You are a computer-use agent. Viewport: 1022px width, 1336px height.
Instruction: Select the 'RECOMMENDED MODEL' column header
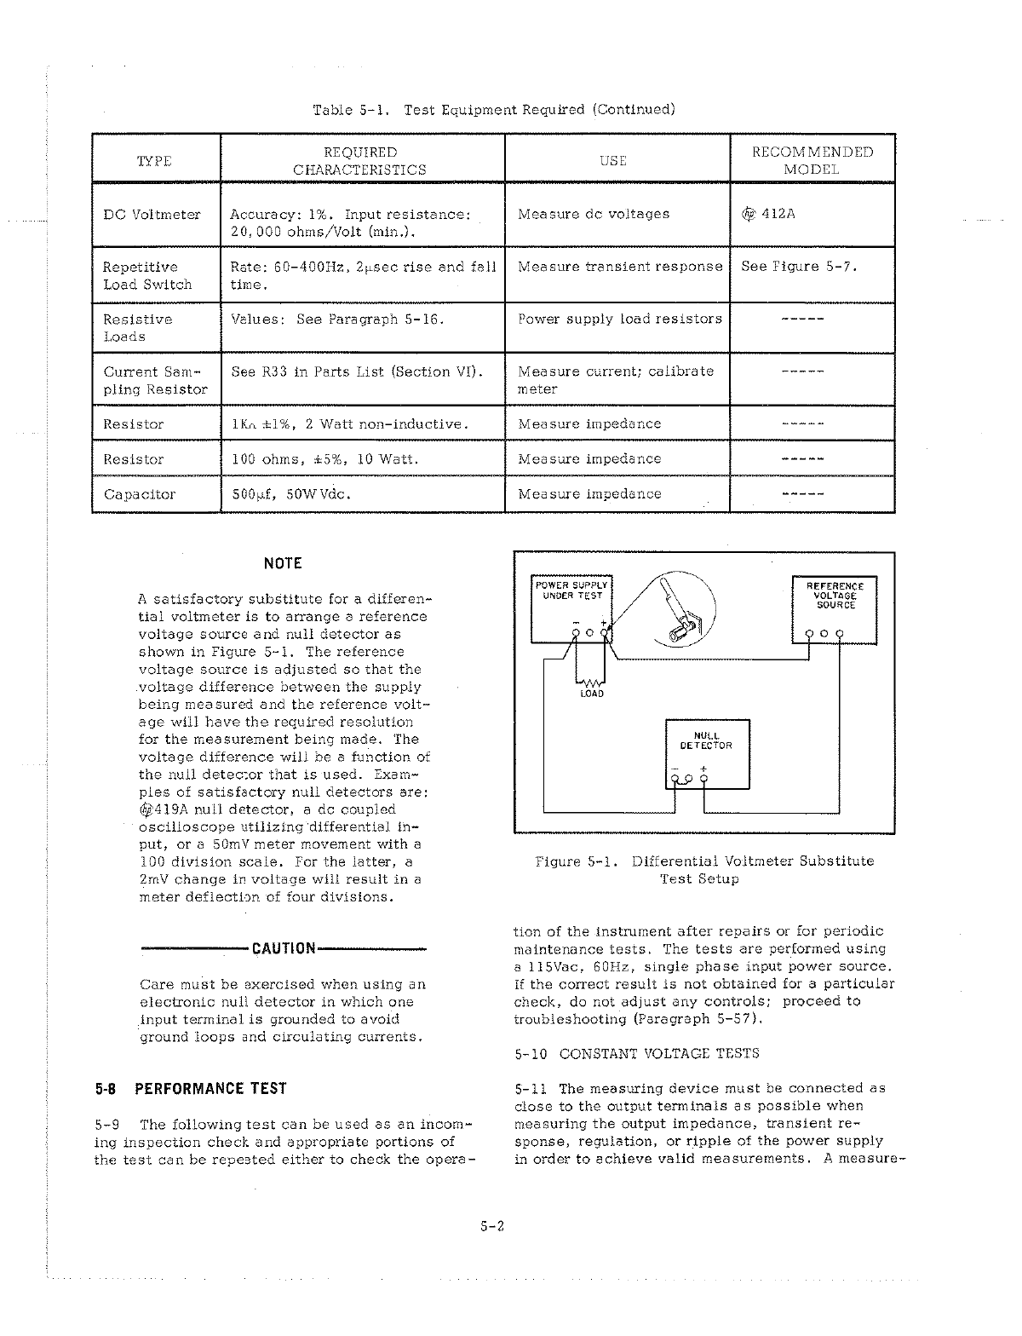point(812,160)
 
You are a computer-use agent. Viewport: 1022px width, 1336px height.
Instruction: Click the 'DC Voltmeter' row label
point(152,215)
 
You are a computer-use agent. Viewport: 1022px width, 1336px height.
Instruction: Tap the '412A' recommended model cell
point(769,214)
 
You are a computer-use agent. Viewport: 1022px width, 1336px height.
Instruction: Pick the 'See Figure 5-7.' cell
point(798,266)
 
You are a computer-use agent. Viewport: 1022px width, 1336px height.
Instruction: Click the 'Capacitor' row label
point(139,494)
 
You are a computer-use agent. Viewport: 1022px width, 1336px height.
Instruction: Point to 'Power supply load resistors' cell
point(619,319)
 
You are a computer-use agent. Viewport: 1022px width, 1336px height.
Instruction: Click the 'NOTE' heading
point(283,563)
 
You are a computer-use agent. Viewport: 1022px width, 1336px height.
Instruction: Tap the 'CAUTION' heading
point(284,948)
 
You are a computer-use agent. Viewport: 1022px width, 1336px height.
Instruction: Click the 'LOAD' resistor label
point(592,694)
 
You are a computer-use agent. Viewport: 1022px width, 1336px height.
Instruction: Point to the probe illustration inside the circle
point(677,608)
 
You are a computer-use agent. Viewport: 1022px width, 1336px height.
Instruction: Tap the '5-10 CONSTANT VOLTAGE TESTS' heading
point(637,1053)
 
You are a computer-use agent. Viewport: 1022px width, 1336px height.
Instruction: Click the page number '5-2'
point(493,1228)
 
